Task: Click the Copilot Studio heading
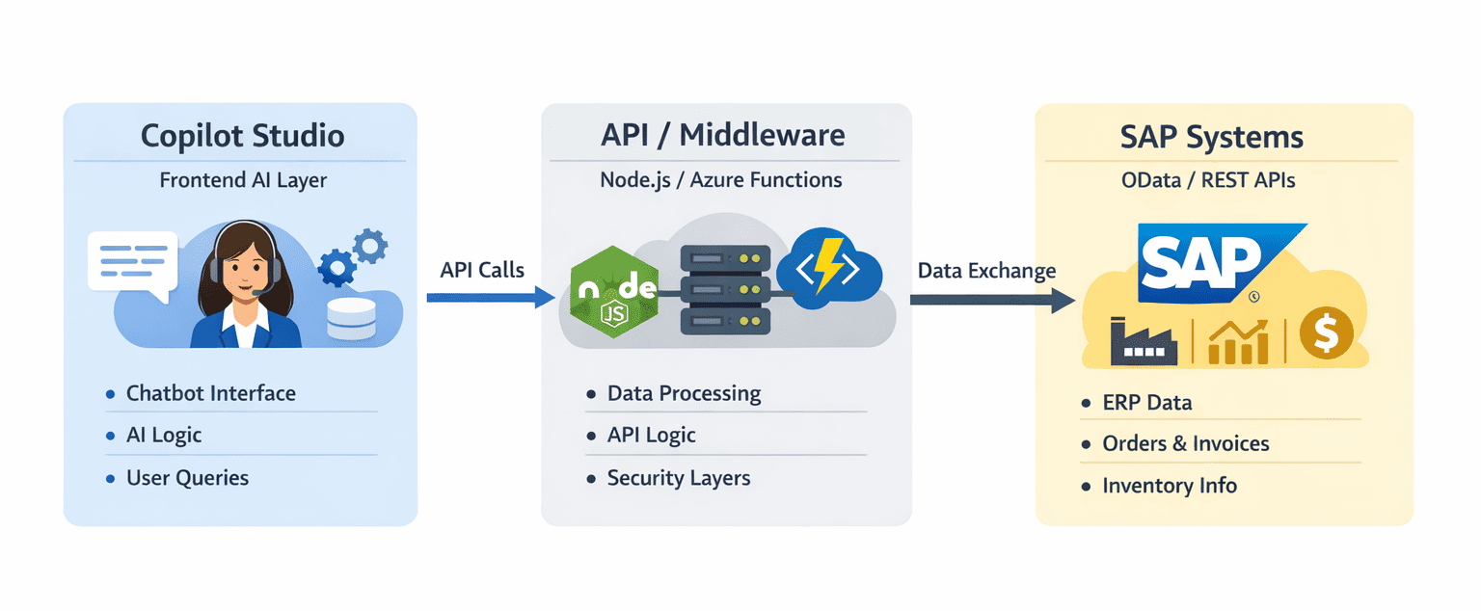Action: point(242,136)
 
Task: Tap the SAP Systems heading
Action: point(1212,137)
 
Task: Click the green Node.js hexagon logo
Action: point(614,289)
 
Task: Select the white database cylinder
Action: point(350,319)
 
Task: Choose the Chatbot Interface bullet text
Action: point(210,393)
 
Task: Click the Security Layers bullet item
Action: point(678,478)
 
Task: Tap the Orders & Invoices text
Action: point(1185,443)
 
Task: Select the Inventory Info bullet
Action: point(1169,486)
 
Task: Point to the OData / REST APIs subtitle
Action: point(1212,180)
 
